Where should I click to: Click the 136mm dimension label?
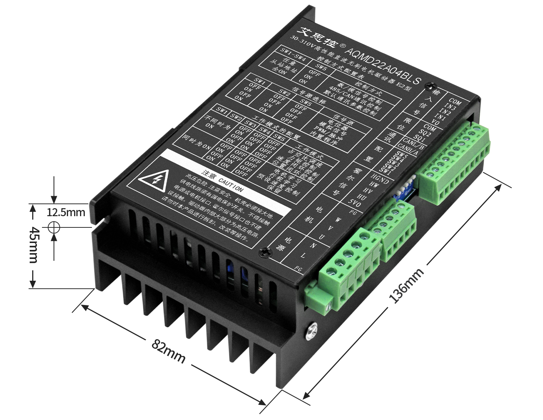point(406,286)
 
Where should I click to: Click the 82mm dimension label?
point(168,351)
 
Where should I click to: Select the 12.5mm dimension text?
point(66,212)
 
